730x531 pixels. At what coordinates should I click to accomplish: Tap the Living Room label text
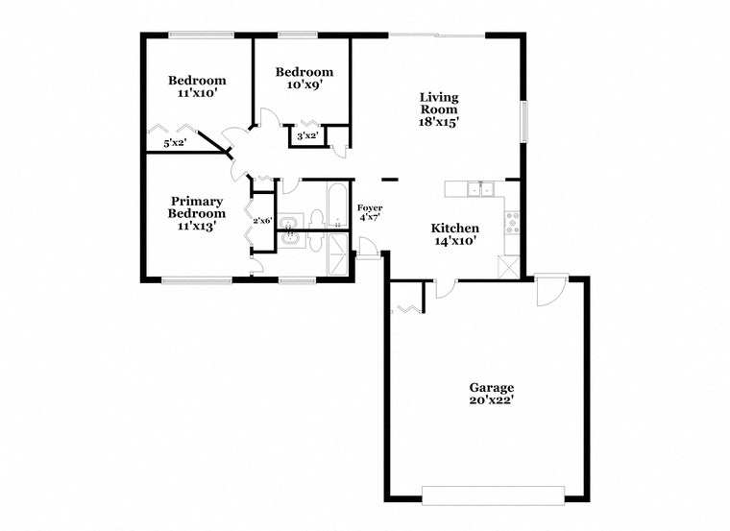click(x=438, y=104)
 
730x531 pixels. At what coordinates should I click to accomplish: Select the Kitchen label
click(x=454, y=228)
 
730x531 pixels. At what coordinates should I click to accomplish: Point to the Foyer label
click(x=370, y=207)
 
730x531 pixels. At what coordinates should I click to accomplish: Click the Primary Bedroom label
click(x=197, y=207)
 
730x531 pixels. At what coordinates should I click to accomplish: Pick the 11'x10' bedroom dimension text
click(x=197, y=94)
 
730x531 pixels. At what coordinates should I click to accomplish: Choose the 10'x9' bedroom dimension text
click(x=304, y=84)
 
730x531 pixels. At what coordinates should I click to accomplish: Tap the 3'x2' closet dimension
click(x=307, y=136)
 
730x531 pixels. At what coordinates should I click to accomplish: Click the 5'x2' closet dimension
click(x=174, y=143)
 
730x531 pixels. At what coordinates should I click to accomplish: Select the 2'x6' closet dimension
click(x=262, y=221)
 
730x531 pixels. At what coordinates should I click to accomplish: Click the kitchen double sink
click(x=479, y=189)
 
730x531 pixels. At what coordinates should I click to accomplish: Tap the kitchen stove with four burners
click(x=512, y=223)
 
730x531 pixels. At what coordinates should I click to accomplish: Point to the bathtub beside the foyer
click(x=337, y=206)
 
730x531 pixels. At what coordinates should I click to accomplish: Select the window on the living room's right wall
click(x=524, y=123)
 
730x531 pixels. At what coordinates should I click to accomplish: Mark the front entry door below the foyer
click(x=367, y=253)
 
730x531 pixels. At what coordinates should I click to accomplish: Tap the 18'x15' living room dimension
click(x=438, y=122)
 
